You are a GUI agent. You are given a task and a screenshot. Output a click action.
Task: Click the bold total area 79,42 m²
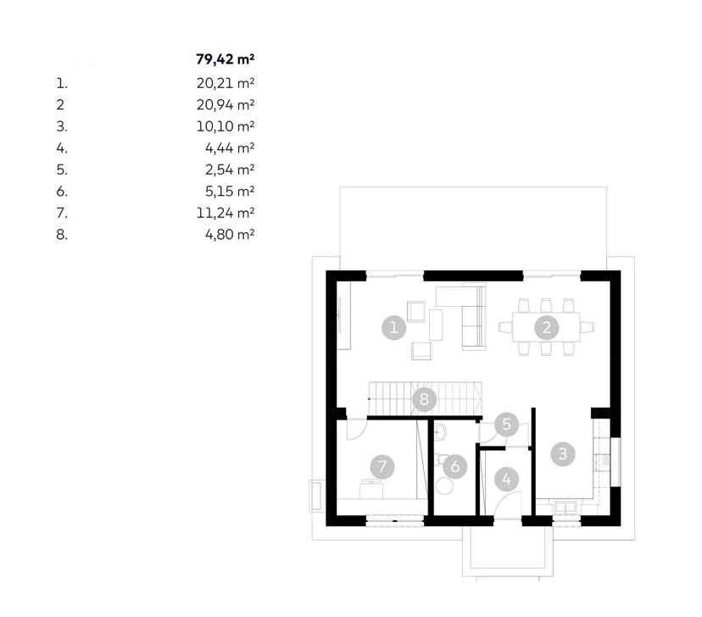226,59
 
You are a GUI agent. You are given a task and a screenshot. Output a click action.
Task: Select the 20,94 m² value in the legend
226,105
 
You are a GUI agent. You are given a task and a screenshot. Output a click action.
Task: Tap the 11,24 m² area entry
226,213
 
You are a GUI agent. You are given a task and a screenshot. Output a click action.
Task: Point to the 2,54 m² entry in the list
230,170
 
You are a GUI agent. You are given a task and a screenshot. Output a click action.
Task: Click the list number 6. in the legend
62,192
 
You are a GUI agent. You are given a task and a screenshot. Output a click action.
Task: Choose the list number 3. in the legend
62,126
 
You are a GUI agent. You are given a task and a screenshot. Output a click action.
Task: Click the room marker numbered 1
394,327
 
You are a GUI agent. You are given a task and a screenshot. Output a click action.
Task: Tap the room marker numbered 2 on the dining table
547,327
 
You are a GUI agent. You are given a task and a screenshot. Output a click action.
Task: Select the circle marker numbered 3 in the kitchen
563,453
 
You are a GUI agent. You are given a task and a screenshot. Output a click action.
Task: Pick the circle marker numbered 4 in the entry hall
507,480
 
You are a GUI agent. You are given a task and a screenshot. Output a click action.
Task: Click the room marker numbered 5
507,424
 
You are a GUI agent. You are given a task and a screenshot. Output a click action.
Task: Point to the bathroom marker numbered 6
455,467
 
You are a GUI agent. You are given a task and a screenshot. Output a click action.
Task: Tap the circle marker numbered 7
382,467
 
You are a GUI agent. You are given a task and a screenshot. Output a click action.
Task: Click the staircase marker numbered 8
424,398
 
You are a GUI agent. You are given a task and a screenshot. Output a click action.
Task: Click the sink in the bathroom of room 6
440,431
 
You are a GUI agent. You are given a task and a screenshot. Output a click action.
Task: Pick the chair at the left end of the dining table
505,327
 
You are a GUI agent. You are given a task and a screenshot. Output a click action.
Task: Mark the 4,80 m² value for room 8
230,235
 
